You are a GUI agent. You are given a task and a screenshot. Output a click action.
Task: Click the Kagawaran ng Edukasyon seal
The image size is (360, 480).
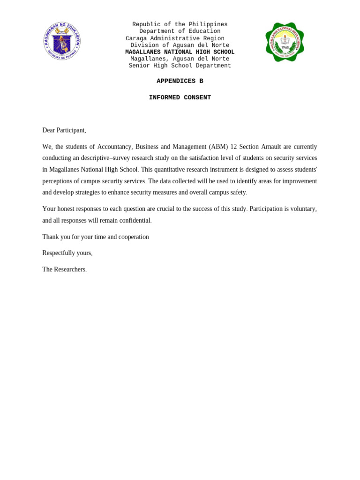[62, 41]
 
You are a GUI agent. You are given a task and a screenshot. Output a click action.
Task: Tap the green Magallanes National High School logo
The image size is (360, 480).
[285, 42]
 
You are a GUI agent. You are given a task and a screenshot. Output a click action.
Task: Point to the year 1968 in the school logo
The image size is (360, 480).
[285, 47]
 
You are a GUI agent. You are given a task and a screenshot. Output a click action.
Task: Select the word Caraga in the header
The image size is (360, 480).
[136, 38]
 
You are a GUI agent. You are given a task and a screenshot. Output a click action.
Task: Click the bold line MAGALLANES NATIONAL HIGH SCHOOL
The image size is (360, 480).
[180, 52]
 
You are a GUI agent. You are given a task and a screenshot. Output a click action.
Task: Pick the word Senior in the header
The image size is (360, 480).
[139, 66]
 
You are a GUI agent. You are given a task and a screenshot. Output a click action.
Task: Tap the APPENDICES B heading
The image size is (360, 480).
[180, 81]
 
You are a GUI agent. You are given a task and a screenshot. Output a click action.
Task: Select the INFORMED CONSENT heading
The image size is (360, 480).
[180, 97]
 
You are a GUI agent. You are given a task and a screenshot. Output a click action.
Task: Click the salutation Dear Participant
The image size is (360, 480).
[64, 130]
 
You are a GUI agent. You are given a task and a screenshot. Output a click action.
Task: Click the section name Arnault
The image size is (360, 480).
[271, 147]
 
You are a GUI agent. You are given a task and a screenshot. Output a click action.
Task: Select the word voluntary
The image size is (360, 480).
[303, 209]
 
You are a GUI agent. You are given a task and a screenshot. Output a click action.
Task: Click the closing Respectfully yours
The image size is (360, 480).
[67, 253]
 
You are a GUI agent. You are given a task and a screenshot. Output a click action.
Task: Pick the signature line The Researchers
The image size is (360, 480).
[64, 270]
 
